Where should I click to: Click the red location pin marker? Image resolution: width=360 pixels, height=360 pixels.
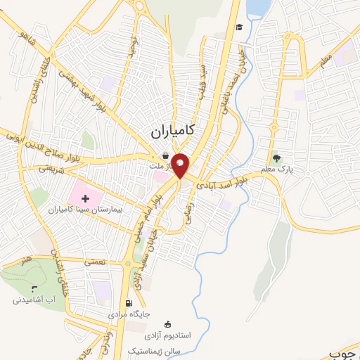pyautogui.click(x=181, y=165)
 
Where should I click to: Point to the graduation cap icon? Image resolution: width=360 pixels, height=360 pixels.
pyautogui.click(x=240, y=27)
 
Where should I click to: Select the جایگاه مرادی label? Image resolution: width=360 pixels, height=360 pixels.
pyautogui.click(x=137, y=314)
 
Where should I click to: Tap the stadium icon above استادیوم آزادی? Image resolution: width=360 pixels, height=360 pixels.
pyautogui.click(x=167, y=324)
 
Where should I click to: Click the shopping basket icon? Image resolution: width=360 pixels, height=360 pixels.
pyautogui.click(x=165, y=157)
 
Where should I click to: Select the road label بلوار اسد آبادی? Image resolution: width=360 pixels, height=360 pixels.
pyautogui.click(x=229, y=184)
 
